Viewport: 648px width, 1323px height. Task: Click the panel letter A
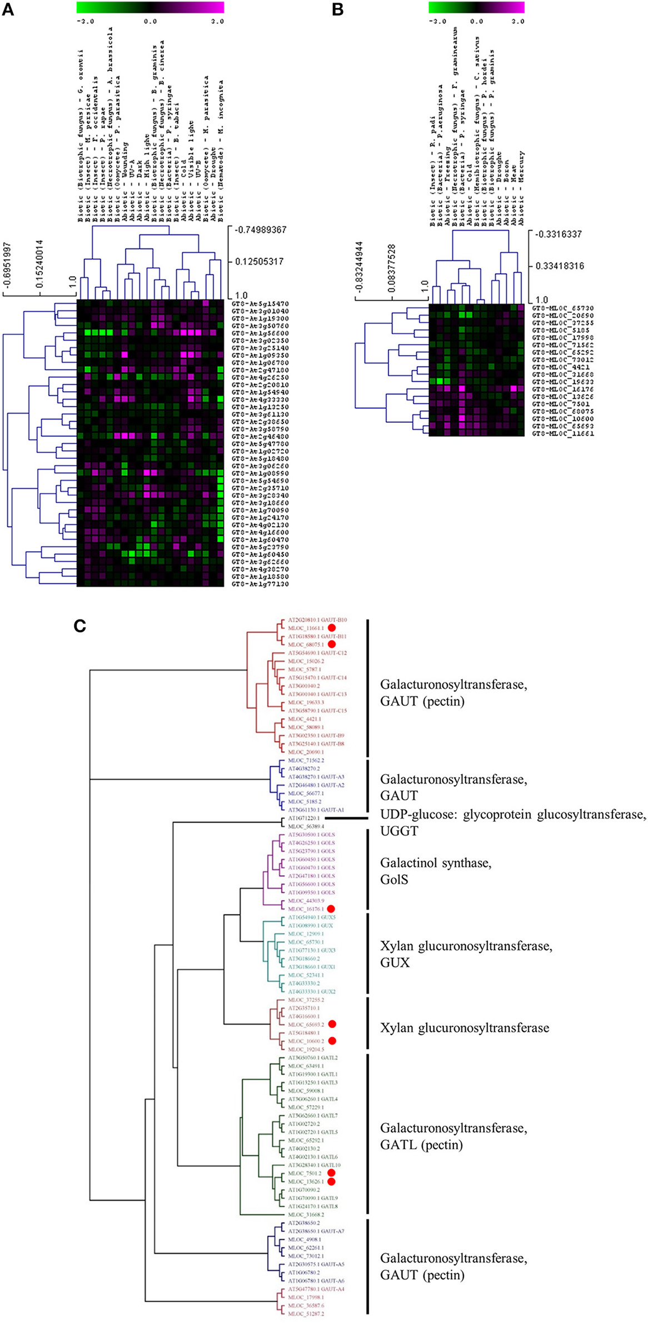tap(8, 9)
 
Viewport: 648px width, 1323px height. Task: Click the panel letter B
tap(337, 9)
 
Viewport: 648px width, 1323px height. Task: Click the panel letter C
tap(80, 626)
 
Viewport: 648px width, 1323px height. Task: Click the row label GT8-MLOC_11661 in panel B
tap(563, 433)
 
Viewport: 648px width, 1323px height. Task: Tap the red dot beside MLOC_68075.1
tap(332, 644)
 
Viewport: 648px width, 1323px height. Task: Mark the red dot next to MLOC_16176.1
tap(332, 908)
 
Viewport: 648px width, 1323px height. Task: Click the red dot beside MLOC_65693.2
tap(332, 1024)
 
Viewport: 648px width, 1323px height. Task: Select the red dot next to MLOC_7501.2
tap(332, 1173)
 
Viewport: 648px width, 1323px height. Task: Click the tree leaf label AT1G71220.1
tap(303, 818)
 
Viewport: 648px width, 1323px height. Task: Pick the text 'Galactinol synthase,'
tap(436, 863)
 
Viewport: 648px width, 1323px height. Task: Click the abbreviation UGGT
tap(399, 831)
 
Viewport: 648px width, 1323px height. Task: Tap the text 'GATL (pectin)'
tap(421, 1145)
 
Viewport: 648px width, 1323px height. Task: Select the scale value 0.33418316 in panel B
tap(560, 266)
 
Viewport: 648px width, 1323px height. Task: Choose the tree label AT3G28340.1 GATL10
tap(314, 1165)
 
